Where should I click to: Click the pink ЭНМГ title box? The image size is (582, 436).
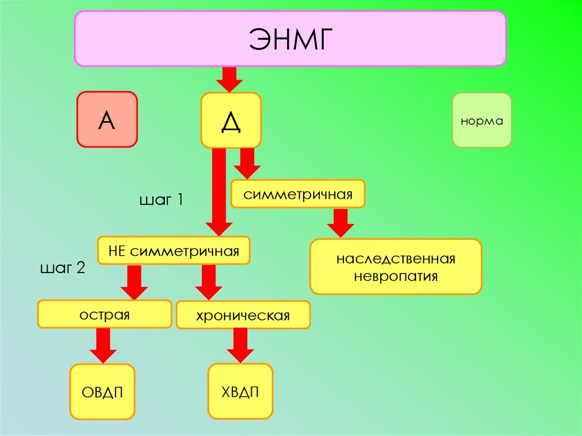coord(290,38)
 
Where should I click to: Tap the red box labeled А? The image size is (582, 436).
coord(107,119)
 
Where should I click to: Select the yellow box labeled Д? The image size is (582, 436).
coord(231,121)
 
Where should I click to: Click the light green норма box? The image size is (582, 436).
coord(481,121)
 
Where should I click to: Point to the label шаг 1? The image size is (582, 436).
coord(161,200)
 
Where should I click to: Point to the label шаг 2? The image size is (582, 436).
coord(63,268)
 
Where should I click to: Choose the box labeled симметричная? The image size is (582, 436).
coord(298,194)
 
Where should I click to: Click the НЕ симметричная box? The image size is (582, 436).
coord(174,251)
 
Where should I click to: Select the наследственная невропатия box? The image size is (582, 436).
coord(396,267)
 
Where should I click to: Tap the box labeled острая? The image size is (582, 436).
coord(105,314)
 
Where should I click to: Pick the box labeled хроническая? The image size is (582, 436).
coord(243,315)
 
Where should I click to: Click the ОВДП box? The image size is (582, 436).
coord(102,392)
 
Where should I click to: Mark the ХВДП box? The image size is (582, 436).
coord(240,391)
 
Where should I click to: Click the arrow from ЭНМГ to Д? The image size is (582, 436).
coord(230,78)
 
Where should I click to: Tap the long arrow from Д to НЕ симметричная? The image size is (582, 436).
coord(218,190)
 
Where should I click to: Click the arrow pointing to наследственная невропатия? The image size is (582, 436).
coord(340,222)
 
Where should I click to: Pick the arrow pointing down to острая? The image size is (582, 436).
coord(134,281)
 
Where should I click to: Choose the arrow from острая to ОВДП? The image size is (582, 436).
coord(103,345)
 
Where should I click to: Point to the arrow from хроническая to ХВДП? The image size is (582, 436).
coord(240,345)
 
